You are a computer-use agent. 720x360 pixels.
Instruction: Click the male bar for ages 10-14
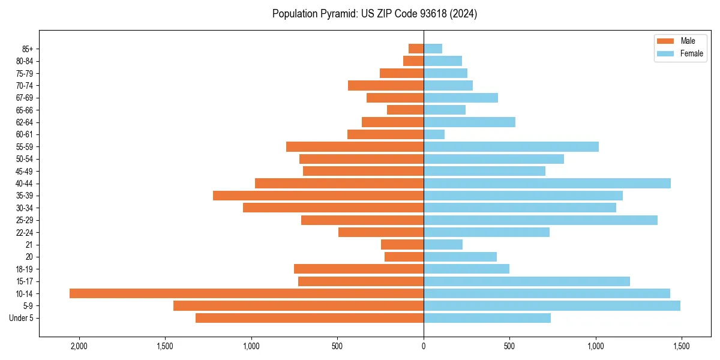pos(247,293)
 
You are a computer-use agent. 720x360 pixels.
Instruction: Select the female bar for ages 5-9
pos(552,305)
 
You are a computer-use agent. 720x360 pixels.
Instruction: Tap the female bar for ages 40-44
pos(547,183)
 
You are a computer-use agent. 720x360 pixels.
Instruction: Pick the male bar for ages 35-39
pos(318,196)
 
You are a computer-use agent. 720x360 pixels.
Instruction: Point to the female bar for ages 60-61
pos(434,134)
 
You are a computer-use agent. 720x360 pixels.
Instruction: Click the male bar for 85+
pos(416,49)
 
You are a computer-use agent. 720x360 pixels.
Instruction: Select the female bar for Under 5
pos(487,318)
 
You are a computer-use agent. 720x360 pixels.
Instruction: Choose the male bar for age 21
pos(402,244)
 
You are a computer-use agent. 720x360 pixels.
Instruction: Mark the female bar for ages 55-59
pos(511,146)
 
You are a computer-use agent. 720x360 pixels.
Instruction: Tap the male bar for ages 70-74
pos(386,85)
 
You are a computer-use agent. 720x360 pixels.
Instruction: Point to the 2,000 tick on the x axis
pos(79,346)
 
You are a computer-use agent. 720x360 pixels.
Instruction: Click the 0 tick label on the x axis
pos(424,346)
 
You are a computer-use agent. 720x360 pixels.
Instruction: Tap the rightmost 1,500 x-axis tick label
pos(682,346)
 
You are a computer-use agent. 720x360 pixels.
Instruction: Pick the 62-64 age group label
pos(24,122)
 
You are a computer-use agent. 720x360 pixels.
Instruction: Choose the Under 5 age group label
pos(22,318)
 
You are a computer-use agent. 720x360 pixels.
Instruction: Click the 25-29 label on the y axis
pos(24,220)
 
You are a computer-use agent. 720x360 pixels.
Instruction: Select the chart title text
pos(375,14)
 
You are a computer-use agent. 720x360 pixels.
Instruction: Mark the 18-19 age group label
pos(24,269)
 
